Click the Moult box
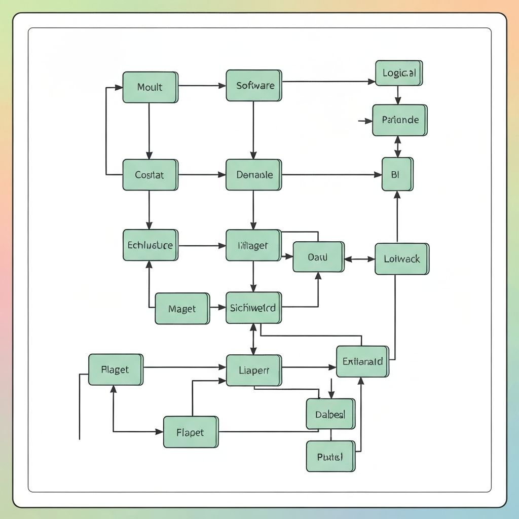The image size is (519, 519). point(150,87)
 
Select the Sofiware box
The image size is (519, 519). point(253,86)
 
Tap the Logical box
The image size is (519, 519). point(399,73)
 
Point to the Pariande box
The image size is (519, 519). point(399,120)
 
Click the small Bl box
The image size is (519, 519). point(397,174)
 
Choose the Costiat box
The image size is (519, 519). point(150,175)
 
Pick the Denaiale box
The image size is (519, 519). point(253,175)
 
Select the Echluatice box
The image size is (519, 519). point(150,245)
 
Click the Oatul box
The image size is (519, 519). point(318,257)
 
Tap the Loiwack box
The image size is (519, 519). point(401,259)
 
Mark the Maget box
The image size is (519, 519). point(181,309)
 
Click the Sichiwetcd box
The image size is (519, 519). point(253,308)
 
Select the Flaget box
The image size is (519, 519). point(116,369)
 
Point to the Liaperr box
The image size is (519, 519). point(253,370)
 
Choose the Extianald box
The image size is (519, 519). point(362,362)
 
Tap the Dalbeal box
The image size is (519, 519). point(330,414)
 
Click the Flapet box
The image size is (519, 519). point(191,432)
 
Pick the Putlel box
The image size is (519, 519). point(330,456)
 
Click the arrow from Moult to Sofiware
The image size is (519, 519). point(202,86)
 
